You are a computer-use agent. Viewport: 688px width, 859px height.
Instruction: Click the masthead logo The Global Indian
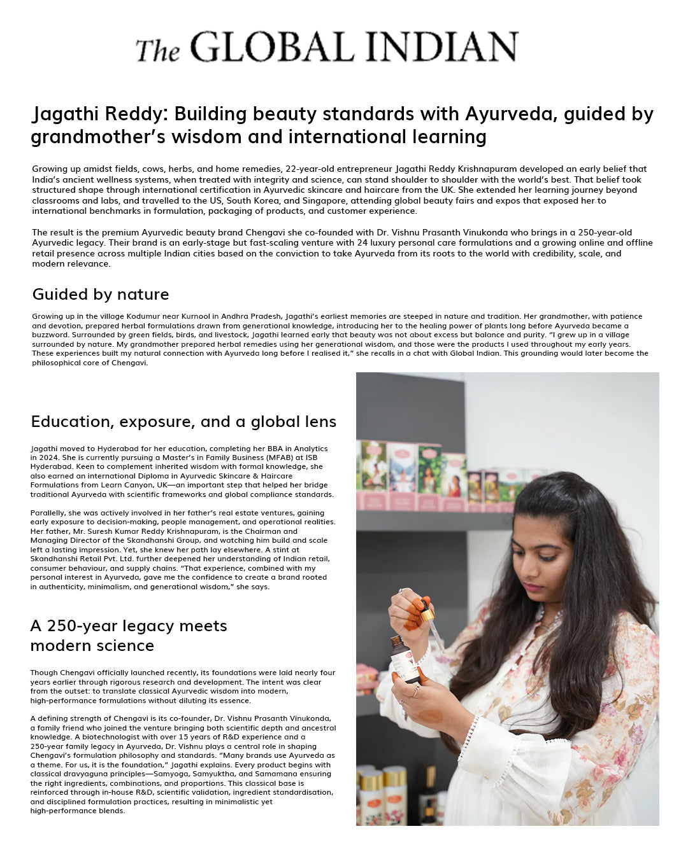326,47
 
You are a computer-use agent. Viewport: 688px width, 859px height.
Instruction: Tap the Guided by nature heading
101,294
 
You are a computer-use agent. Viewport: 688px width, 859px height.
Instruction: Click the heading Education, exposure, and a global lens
183,422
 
